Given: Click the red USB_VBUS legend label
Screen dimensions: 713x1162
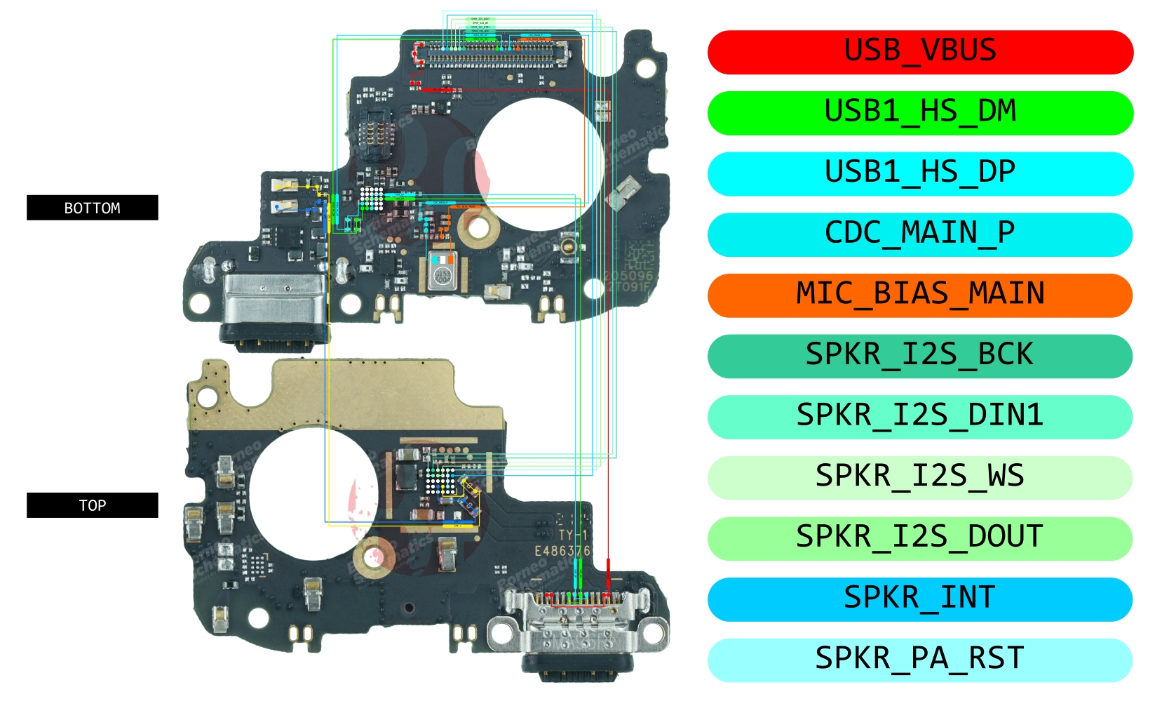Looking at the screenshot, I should pyautogui.click(x=920, y=52).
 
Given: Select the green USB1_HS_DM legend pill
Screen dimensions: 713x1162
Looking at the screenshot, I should pyautogui.click(x=920, y=112).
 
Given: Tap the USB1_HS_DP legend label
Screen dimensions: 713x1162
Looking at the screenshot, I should pyautogui.click(x=920, y=173).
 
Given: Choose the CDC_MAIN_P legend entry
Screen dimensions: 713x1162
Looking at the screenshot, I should pyautogui.click(x=920, y=234).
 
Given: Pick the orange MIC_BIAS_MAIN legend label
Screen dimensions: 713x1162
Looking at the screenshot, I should pyautogui.click(x=920, y=295).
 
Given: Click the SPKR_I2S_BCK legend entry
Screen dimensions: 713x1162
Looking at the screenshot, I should pyautogui.click(x=920, y=356).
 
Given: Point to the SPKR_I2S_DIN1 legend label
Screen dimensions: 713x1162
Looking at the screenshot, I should pyautogui.click(x=920, y=417).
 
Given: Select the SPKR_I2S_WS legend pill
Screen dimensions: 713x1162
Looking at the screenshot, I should pyautogui.click(x=920, y=477).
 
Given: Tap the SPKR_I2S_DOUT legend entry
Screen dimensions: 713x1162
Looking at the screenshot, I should pyautogui.click(x=920, y=538).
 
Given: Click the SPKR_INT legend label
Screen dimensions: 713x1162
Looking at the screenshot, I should pyautogui.click(x=920, y=599).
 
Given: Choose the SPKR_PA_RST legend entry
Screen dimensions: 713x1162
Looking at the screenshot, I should pyautogui.click(x=920, y=660).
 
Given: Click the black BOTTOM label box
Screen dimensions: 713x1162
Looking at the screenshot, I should pyautogui.click(x=92, y=208).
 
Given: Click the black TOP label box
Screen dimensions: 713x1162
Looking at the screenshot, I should pyautogui.click(x=92, y=505).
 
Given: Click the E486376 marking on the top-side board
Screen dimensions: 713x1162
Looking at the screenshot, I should pyautogui.click(x=562, y=551).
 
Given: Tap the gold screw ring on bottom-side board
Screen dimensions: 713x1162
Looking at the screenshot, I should pyautogui.click(x=478, y=227).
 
